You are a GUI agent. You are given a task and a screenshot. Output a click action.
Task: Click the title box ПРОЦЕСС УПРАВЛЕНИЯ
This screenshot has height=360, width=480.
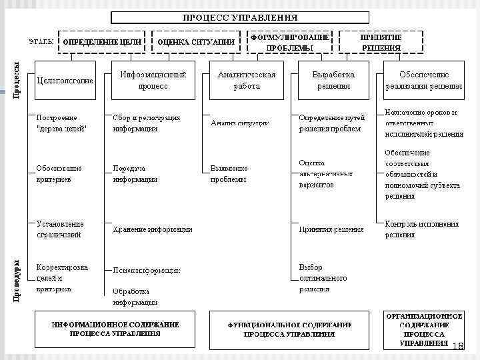tap(241, 17)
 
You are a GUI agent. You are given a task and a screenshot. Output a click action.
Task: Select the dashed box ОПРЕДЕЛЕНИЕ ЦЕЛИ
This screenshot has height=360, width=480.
tap(102, 42)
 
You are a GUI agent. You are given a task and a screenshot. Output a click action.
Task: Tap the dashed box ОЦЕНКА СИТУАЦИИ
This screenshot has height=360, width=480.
tap(196, 42)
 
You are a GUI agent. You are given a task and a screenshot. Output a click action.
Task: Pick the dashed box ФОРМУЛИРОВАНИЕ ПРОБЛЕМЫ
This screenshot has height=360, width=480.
tap(289, 42)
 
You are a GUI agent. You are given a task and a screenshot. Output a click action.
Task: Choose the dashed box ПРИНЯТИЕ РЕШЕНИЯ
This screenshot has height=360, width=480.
tap(381, 42)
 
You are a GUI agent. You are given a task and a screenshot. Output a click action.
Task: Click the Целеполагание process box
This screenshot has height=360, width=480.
tap(65, 81)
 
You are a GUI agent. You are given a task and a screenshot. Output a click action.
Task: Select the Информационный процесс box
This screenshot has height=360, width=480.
tap(153, 80)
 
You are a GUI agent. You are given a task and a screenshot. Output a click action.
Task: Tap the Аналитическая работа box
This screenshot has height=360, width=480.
tap(246, 80)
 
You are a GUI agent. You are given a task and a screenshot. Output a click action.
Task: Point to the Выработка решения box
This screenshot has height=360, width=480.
tap(333, 80)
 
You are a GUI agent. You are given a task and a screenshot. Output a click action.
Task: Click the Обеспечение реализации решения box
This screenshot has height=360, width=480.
tap(423, 80)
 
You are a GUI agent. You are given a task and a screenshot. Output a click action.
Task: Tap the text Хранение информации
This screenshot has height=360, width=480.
tap(153, 229)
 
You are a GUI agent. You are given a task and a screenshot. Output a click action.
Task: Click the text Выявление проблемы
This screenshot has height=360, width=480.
tap(229, 173)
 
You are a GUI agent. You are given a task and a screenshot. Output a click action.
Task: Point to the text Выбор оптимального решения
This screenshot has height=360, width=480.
tap(323, 277)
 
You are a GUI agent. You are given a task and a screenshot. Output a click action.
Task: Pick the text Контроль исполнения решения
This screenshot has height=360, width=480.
tap(422, 229)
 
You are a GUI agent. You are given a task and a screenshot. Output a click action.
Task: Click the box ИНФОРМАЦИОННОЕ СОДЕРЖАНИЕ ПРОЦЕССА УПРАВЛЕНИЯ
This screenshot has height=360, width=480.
tap(115, 329)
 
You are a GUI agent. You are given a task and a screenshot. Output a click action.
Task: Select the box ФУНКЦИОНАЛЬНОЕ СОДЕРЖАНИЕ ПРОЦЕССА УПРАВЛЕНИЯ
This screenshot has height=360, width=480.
tap(289, 329)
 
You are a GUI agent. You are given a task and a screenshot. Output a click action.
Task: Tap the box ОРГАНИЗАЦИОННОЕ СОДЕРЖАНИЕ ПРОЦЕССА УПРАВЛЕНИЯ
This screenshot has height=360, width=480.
tap(423, 329)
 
